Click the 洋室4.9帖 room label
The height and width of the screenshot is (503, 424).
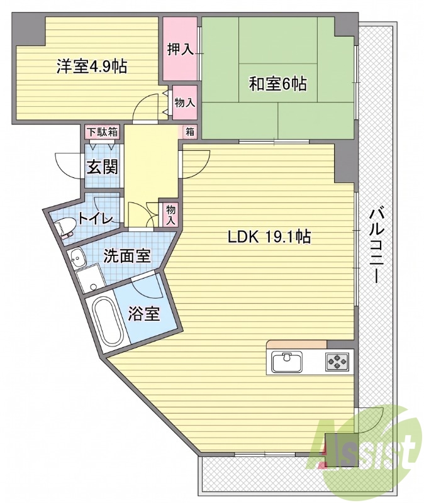click(x=92, y=67)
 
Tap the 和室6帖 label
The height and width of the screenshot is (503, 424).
click(x=278, y=84)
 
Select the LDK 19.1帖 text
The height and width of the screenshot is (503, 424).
click(x=269, y=237)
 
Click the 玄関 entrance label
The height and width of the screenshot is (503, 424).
click(x=103, y=167)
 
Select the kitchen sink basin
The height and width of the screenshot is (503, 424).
click(x=287, y=362)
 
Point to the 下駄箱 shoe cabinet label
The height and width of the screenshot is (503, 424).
click(x=103, y=132)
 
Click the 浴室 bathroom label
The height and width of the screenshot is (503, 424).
click(x=144, y=313)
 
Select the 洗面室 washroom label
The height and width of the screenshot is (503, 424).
click(x=127, y=256)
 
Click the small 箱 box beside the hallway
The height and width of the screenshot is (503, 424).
click(x=190, y=132)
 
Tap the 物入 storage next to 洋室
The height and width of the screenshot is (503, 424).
click(x=185, y=102)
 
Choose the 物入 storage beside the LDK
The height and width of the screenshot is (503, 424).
click(x=170, y=214)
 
